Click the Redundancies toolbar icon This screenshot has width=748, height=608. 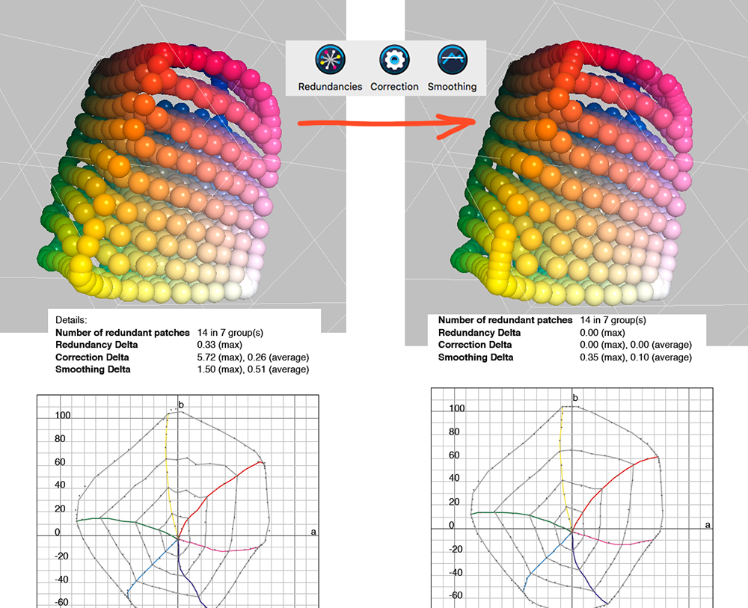[x=330, y=60]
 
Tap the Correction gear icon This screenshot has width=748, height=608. [x=393, y=60]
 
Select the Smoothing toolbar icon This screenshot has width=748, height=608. [x=452, y=60]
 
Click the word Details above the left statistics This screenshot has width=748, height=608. [x=72, y=319]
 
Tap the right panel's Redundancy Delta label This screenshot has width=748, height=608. [x=479, y=332]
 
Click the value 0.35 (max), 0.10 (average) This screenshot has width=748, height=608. [x=635, y=357]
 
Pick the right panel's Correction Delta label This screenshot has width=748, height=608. [x=475, y=345]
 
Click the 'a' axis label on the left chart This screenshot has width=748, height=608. [x=314, y=532]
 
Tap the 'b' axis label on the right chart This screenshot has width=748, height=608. [x=575, y=397]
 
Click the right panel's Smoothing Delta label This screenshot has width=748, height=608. [x=476, y=357]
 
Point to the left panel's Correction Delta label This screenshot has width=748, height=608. [x=92, y=357]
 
